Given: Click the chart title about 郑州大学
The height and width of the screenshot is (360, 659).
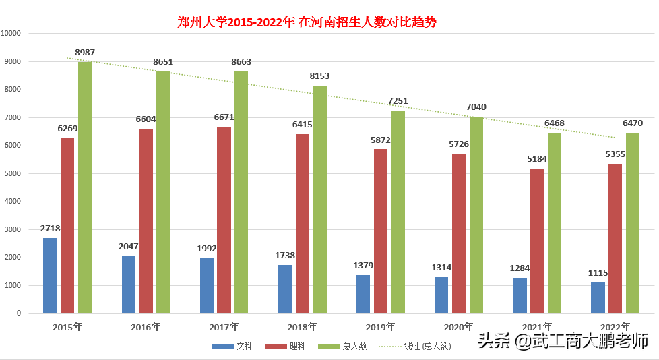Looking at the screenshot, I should click(x=307, y=22).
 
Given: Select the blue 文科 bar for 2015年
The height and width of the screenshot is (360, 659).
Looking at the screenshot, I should click(x=50, y=276).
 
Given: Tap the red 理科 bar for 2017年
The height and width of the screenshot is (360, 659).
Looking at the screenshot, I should click(x=224, y=220).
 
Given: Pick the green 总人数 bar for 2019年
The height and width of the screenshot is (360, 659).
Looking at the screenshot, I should click(x=398, y=212).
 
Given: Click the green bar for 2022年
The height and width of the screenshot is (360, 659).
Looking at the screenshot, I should click(x=632, y=223).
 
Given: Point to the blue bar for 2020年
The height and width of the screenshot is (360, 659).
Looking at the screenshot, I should click(x=441, y=295).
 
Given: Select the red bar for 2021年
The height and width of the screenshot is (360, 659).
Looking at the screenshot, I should click(x=536, y=241).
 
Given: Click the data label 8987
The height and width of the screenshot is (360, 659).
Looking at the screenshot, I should click(x=85, y=52).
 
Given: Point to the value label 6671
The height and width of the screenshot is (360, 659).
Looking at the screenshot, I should click(x=224, y=117).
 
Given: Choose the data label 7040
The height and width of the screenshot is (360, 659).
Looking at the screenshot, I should click(x=476, y=107).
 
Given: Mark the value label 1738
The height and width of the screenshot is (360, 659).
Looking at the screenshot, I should click(x=285, y=255).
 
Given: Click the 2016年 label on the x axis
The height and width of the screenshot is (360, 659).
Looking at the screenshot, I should click(x=146, y=327).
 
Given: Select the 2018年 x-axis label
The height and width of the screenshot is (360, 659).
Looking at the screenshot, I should click(x=302, y=327).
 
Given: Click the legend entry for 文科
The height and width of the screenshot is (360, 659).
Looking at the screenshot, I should click(x=232, y=346).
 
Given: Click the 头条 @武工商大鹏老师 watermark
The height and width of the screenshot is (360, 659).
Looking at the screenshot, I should click(x=563, y=341).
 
